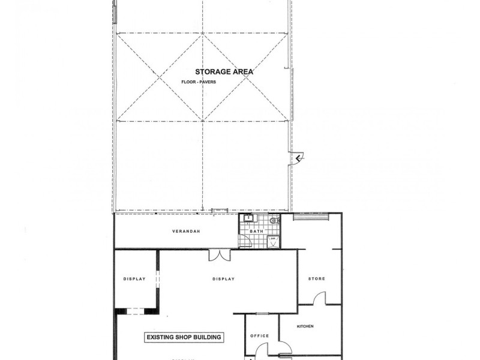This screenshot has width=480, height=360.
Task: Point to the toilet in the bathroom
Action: pos(274,221)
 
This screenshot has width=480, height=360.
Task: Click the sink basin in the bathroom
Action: pos(248,219)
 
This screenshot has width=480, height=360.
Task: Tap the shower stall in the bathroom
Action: pos(273,241)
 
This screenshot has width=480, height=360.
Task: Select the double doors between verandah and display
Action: pos(218,255)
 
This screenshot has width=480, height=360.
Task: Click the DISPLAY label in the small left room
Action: pos(135,279)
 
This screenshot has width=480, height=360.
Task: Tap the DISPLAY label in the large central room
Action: pos(223,279)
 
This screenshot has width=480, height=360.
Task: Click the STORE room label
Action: pos(316,279)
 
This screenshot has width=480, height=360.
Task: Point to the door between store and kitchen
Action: pos(319,298)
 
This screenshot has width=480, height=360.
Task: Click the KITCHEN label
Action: pos(305,326)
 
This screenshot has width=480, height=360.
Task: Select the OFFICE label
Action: pos(260,336)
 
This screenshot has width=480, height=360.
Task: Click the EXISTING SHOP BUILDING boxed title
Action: pos(184,337)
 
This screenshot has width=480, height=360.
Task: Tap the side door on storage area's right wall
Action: pos(295,157)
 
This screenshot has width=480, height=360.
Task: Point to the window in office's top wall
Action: pos(262,314)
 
